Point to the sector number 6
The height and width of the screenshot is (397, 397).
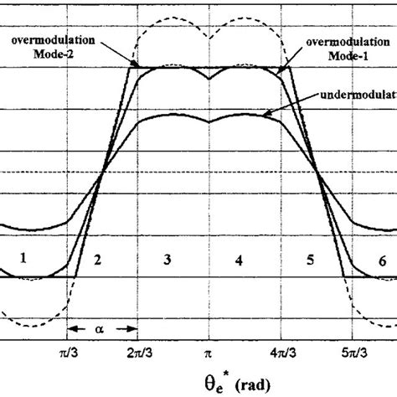(382, 260)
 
